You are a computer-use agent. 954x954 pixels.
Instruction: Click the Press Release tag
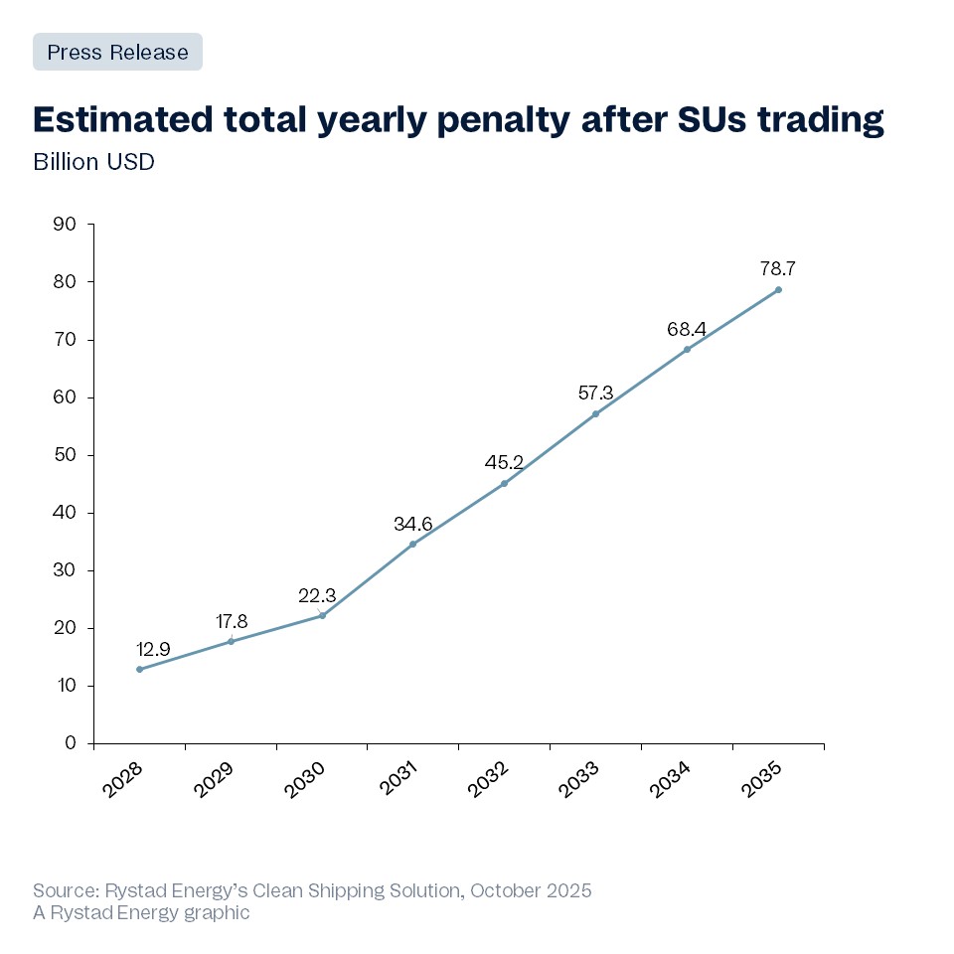pos(117,52)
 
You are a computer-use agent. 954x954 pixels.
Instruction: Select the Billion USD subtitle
pos(93,162)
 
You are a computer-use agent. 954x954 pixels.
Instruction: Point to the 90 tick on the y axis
pos(65,224)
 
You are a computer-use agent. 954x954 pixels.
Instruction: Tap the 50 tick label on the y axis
pos(65,455)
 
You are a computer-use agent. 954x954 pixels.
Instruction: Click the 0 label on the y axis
pos(71,743)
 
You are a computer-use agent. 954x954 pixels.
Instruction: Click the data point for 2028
pos(139,669)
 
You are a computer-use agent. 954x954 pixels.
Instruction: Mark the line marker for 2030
pos(322,615)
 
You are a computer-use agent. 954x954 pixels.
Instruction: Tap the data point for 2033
pos(595,413)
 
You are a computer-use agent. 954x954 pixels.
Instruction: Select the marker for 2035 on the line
pos(778,289)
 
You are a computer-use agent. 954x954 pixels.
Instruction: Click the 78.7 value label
pos(778,268)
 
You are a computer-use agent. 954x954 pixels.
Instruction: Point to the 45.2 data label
pos(504,462)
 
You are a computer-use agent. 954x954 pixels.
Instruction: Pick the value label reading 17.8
pos(231,621)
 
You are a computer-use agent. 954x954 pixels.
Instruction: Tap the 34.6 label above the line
pos(412,523)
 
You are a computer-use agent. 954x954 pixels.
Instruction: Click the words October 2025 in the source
pos(531,890)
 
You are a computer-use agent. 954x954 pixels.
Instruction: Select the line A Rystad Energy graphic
pos(141,912)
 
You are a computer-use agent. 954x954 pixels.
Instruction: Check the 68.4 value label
pos(687,328)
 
